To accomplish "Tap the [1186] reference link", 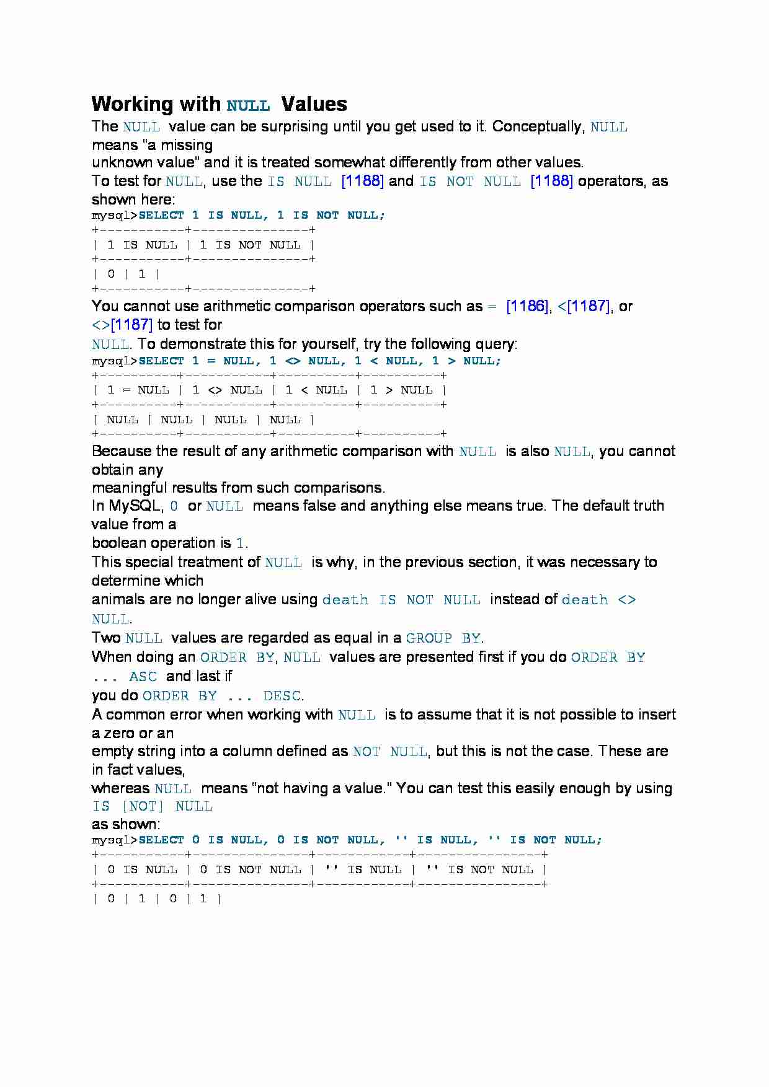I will click(527, 306).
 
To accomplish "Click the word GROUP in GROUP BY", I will click(429, 638).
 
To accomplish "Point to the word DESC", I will click(282, 696).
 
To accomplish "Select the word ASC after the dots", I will click(143, 677).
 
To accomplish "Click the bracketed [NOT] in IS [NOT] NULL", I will click(143, 806).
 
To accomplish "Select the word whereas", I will click(120, 788).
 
